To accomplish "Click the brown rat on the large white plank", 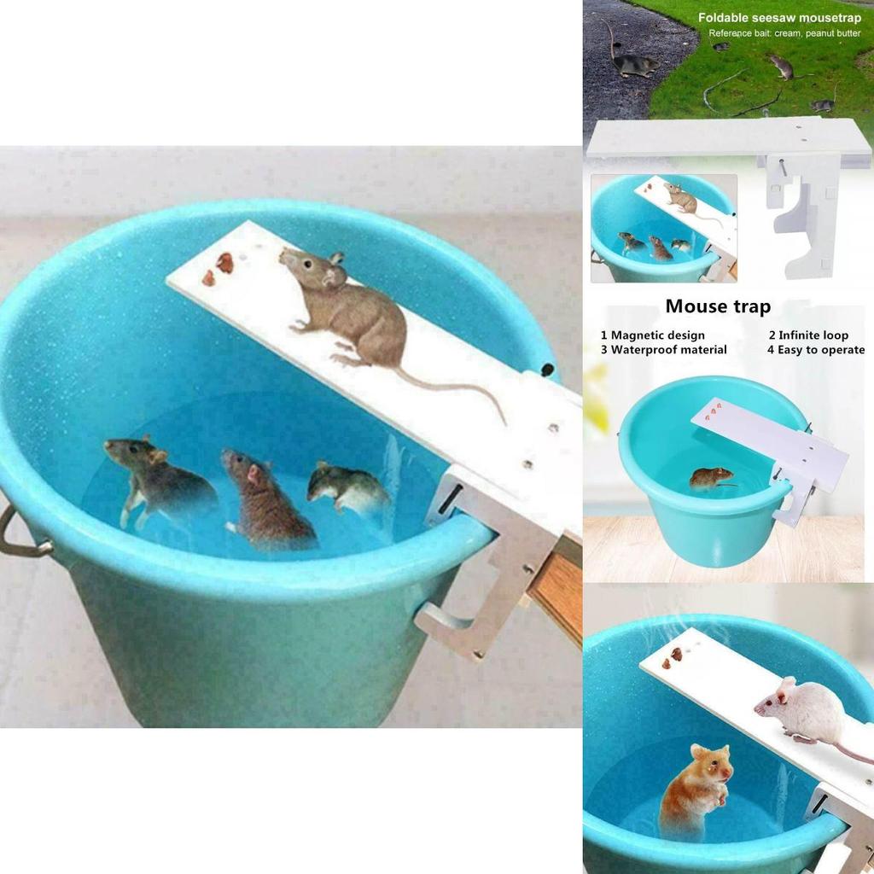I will click(x=350, y=307).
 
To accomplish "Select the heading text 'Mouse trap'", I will click(x=718, y=306).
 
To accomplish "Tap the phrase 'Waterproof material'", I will click(x=668, y=350).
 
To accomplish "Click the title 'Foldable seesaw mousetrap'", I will click(x=779, y=17).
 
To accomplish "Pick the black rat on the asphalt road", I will click(x=634, y=63).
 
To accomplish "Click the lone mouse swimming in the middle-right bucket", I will click(x=711, y=478).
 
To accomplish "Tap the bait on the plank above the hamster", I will click(x=675, y=655).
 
